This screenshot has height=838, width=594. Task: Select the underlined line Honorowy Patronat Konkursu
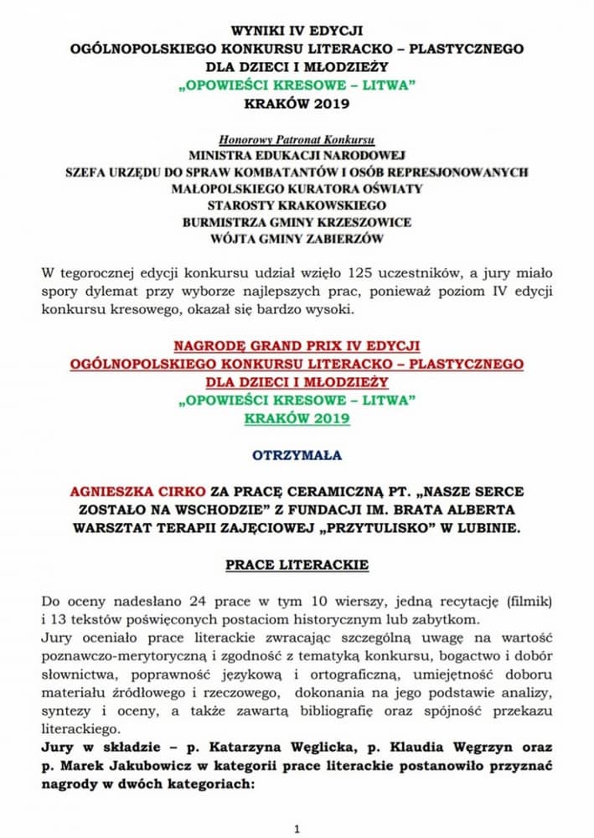(x=297, y=138)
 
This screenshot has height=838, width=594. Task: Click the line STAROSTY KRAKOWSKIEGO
(x=297, y=205)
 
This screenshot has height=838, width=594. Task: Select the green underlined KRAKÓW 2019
(x=297, y=417)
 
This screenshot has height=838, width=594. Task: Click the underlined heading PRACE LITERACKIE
(x=297, y=564)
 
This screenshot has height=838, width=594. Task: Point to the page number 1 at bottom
(x=297, y=829)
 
